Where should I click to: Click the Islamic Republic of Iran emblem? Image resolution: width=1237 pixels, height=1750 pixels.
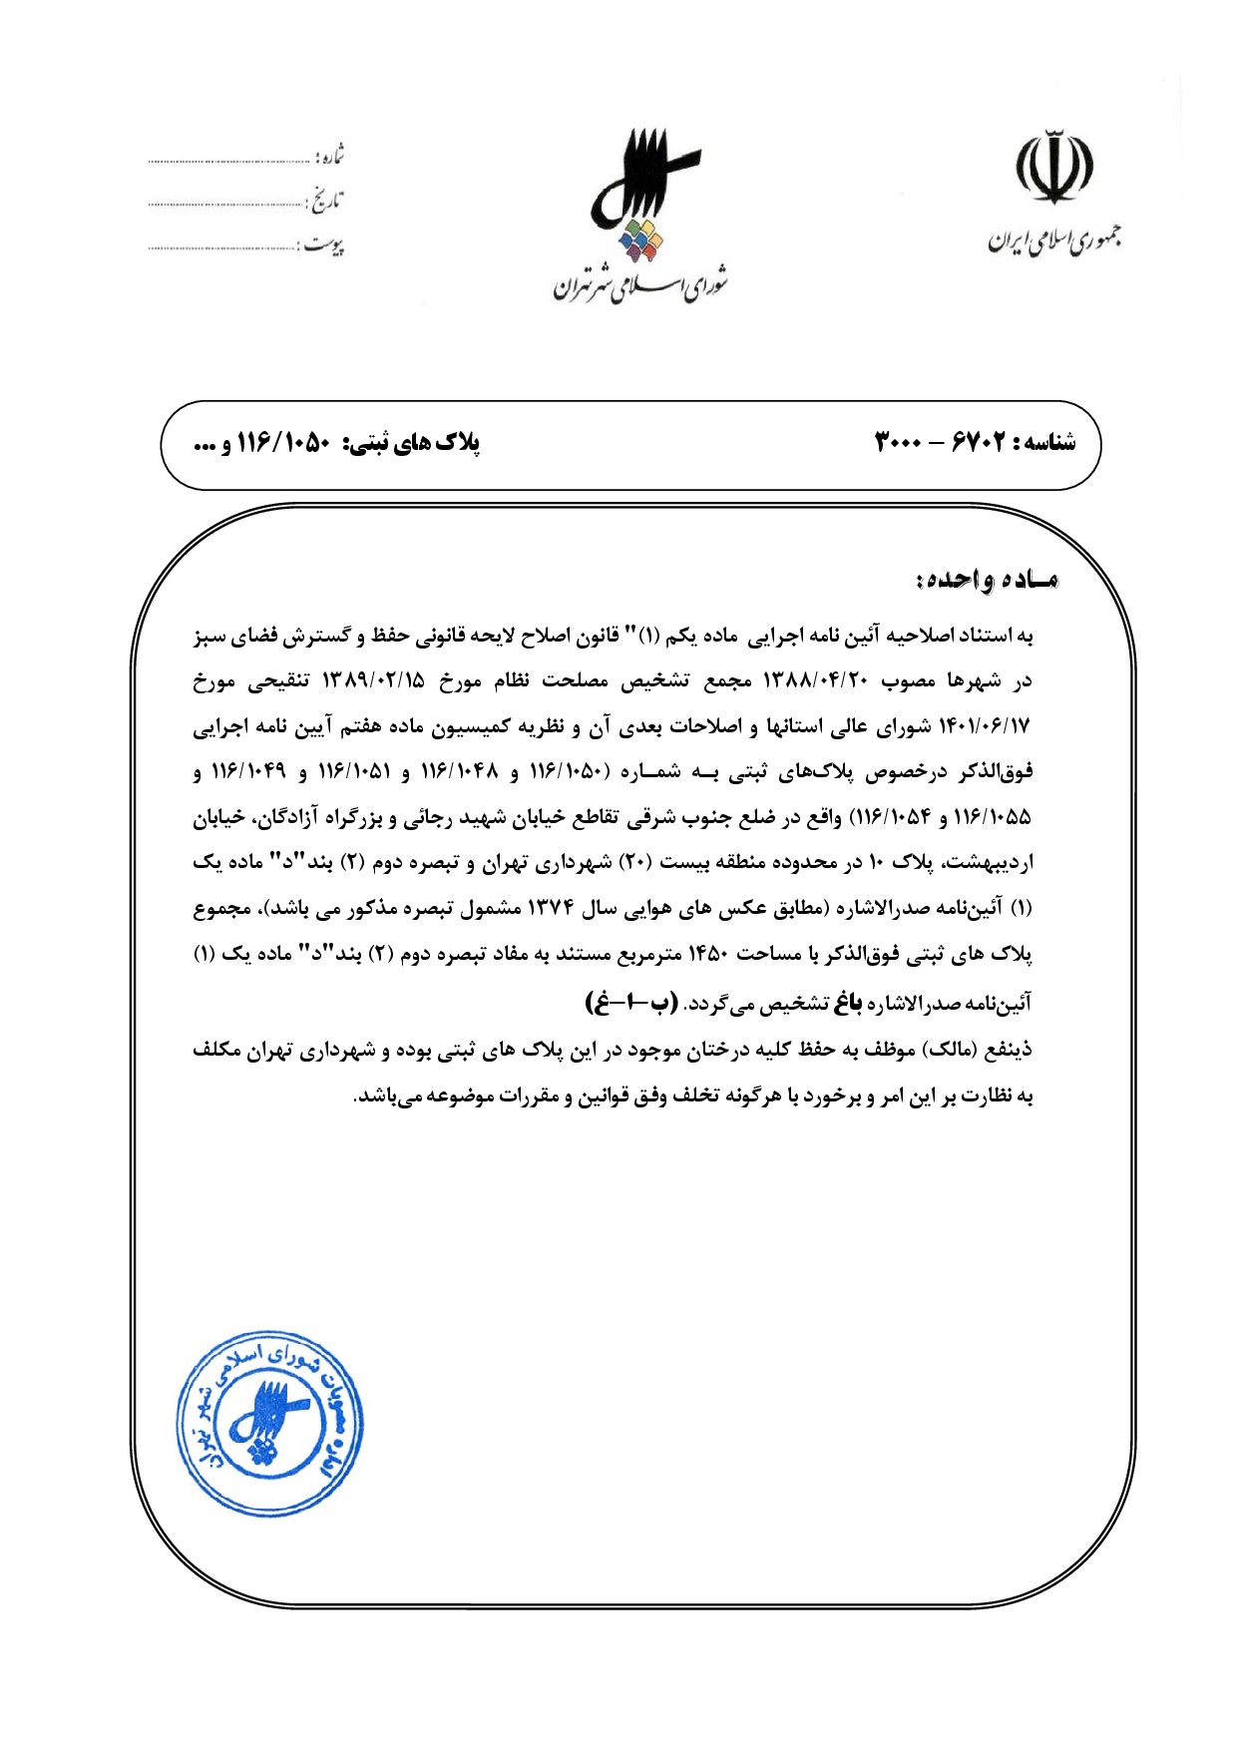tap(1053, 167)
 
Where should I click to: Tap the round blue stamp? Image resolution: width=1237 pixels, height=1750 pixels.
tap(269, 1424)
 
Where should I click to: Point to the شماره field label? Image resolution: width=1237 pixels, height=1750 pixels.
tap(330, 157)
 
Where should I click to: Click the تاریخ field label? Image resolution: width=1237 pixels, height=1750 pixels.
tap(323, 201)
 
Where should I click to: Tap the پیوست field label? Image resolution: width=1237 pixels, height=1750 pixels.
tap(323, 244)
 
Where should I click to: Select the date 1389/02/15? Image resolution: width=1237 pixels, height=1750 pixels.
tap(373, 681)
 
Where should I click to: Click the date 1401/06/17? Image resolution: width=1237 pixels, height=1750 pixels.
tap(984, 727)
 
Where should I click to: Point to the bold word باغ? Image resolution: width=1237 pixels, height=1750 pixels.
tap(848, 1003)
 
